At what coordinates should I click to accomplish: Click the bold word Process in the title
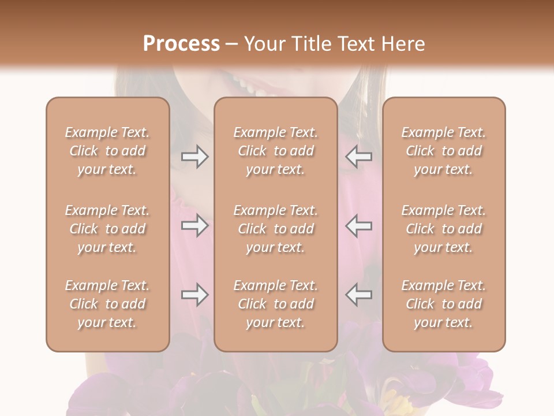pyautogui.click(x=181, y=44)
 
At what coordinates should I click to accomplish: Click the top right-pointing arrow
pyautogui.click(x=194, y=157)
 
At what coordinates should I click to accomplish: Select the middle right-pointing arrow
pyautogui.click(x=194, y=225)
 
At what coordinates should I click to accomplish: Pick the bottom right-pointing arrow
pyautogui.click(x=194, y=295)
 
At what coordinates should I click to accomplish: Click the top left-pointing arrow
pyautogui.click(x=358, y=157)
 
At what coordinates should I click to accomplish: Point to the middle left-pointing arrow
pyautogui.click(x=358, y=225)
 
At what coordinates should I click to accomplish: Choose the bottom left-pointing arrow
pyautogui.click(x=358, y=295)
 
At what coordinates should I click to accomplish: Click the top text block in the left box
pyautogui.click(x=107, y=151)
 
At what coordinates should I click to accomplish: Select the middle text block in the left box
pyautogui.click(x=107, y=229)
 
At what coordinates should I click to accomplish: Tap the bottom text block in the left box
pyautogui.click(x=107, y=304)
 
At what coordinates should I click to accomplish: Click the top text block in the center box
pyautogui.click(x=276, y=151)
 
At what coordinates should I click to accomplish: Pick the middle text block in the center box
pyautogui.click(x=276, y=229)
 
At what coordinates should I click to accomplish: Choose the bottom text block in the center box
pyautogui.click(x=276, y=304)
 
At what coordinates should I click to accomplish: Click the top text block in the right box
pyautogui.click(x=444, y=151)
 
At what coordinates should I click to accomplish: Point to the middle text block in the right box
pyautogui.click(x=444, y=229)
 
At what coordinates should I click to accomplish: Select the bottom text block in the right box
pyautogui.click(x=444, y=304)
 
